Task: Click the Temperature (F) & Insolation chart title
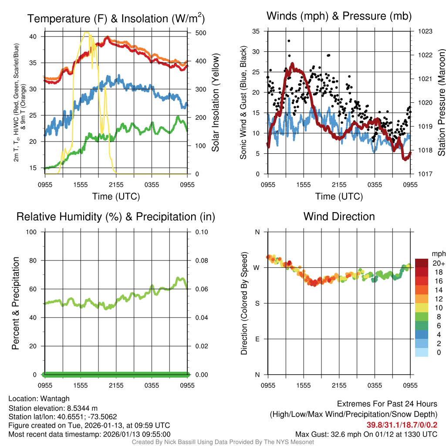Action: (x=116, y=19)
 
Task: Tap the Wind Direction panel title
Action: (x=339, y=216)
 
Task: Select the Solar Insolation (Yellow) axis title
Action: (x=215, y=103)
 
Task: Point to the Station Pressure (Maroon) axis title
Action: (x=441, y=103)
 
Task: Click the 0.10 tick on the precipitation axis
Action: (x=200, y=232)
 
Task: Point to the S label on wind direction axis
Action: (x=257, y=304)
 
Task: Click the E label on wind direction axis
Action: (x=257, y=339)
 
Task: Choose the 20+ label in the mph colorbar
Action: (x=438, y=263)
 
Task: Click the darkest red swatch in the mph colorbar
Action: (x=422, y=263)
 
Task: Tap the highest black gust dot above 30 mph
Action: (x=289, y=41)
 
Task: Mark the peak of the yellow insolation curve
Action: (x=86, y=32)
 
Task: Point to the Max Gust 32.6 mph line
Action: (x=366, y=434)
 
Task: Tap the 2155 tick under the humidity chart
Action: (x=116, y=385)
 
